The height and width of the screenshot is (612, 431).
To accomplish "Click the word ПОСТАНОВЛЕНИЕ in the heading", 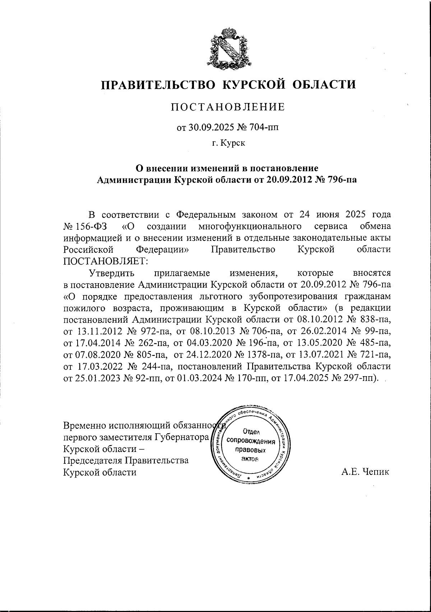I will (x=227, y=107).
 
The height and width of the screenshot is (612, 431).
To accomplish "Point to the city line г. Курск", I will (x=228, y=143).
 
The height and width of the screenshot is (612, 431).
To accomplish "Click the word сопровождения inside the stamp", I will (x=251, y=442).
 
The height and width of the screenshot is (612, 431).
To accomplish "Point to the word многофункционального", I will (x=249, y=227).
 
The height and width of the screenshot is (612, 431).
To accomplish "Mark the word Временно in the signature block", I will (x=83, y=426).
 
